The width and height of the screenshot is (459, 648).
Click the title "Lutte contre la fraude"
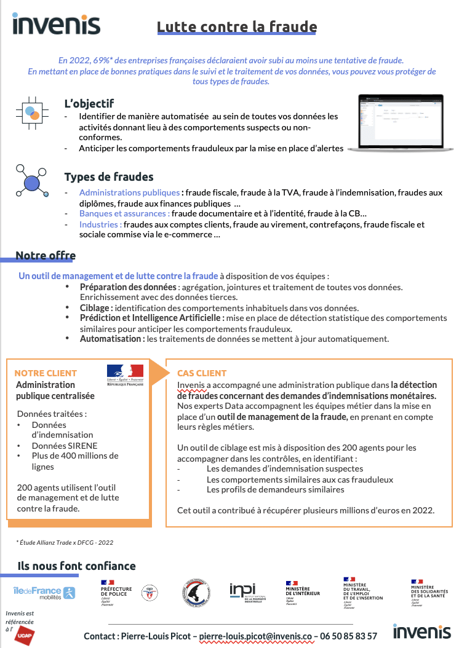coord(237,26)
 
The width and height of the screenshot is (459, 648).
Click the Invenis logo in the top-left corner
coord(56,24)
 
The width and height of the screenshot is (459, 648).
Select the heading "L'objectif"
coord(89,103)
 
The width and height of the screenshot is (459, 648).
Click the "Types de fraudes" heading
coord(109,177)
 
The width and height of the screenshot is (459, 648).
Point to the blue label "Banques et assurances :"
coord(124,213)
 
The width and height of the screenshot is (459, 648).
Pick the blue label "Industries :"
coord(100,224)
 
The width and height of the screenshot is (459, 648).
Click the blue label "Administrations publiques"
coord(129,192)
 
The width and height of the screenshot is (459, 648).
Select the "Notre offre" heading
coord(46,256)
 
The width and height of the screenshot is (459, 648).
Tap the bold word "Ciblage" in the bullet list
coord(95,308)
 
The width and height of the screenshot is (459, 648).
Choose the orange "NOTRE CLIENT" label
coord(46,373)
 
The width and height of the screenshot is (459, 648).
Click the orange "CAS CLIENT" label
coord(202,373)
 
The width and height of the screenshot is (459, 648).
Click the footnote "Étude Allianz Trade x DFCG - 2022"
coord(65,542)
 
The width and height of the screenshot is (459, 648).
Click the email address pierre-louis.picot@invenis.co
coord(257,636)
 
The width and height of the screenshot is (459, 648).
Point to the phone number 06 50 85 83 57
coord(348,636)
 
